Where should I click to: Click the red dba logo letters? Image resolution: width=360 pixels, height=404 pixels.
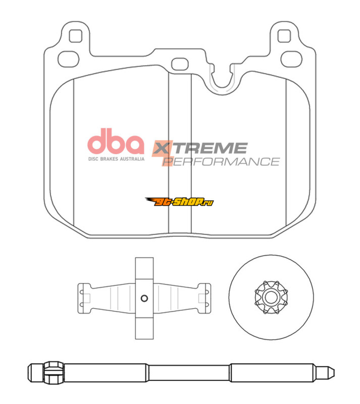[x=116, y=141]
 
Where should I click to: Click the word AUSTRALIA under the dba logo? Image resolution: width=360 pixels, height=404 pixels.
[x=132, y=159]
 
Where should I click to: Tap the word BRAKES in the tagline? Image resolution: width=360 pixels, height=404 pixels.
[x=109, y=159]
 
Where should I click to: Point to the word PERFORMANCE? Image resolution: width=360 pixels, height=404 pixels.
[x=221, y=162]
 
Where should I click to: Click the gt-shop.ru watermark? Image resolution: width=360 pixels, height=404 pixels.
[x=179, y=201]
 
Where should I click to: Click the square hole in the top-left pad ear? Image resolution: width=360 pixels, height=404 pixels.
[x=76, y=36]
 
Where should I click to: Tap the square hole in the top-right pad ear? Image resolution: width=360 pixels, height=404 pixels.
[x=284, y=36]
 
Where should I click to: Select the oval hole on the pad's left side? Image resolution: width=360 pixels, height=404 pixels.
[x=68, y=59]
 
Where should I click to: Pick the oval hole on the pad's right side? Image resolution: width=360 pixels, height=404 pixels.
[x=291, y=59]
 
